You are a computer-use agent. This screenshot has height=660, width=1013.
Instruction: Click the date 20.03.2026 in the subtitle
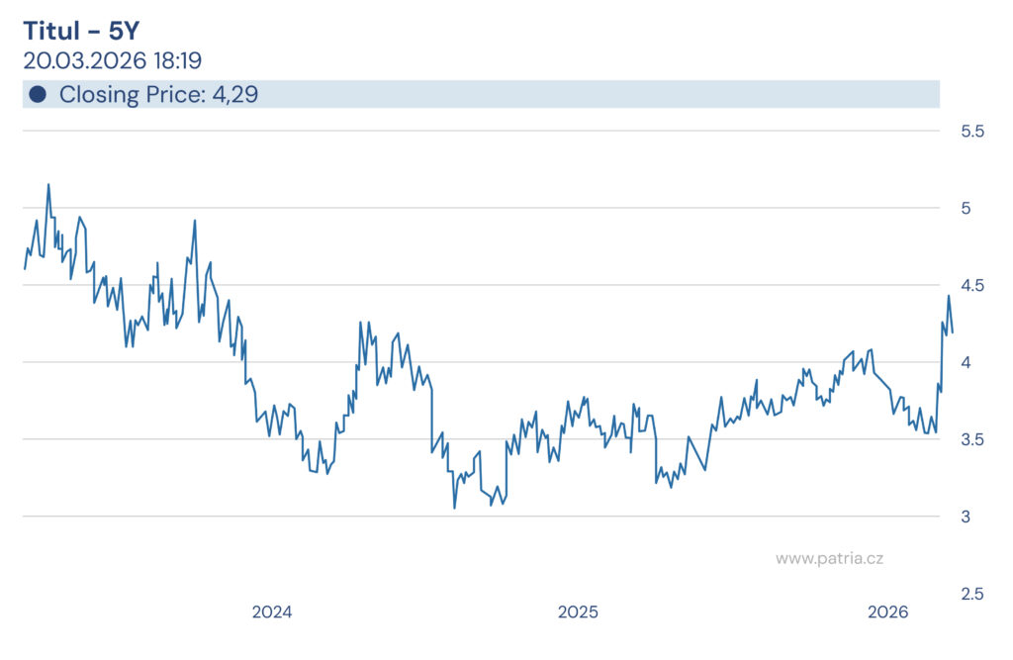[x=83, y=60]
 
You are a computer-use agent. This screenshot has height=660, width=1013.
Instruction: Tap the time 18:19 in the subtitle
[x=177, y=60]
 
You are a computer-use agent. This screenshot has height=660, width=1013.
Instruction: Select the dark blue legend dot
[x=38, y=95]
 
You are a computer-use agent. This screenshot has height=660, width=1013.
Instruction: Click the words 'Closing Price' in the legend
[x=132, y=95]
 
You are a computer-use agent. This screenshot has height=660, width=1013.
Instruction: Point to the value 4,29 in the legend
[x=235, y=95]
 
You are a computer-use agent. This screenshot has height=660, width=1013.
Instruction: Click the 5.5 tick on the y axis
[x=973, y=131]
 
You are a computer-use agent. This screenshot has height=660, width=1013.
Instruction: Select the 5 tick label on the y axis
[x=965, y=208]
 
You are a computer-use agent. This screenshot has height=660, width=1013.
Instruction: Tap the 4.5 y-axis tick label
[x=973, y=285]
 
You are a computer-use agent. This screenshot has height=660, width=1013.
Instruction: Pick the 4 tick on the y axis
[x=965, y=362]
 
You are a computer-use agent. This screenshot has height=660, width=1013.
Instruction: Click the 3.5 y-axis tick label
[x=973, y=439]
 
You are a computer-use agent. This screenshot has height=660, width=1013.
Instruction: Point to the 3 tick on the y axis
[x=965, y=517]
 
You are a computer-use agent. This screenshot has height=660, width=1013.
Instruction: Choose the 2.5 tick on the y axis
[x=973, y=594]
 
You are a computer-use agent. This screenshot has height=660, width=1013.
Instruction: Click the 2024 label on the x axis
[x=272, y=613]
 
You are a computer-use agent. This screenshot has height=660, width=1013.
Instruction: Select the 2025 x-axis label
[x=578, y=613]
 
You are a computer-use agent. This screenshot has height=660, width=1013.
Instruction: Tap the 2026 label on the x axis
[x=887, y=613]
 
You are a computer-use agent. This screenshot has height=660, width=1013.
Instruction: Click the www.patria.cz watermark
[x=829, y=558]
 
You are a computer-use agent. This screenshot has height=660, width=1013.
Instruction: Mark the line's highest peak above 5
[x=48, y=184]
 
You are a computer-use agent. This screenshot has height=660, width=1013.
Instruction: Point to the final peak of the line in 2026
[x=948, y=296]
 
